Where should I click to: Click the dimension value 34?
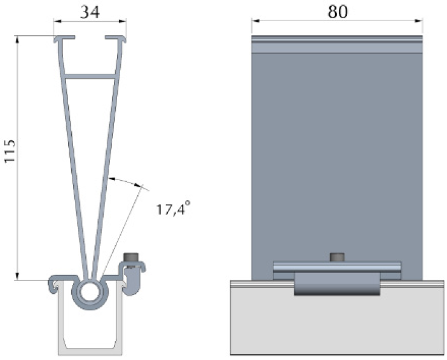(89, 11)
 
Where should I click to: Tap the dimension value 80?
(337, 11)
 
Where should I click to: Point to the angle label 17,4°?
(174, 209)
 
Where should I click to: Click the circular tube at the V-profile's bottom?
(89, 293)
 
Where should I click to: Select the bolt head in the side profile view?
(132, 257)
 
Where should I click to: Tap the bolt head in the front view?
(337, 257)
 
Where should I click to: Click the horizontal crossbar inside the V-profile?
(90, 76)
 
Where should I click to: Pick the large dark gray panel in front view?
(337, 153)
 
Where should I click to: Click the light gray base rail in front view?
(337, 324)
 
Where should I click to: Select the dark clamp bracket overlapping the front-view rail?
(337, 284)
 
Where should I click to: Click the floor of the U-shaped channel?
(89, 350)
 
